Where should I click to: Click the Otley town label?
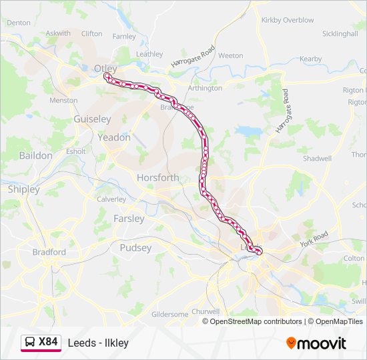(x=105, y=69)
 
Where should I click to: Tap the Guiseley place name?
(x=92, y=119)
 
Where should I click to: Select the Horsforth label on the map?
(x=157, y=178)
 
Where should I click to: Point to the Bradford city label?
(x=49, y=253)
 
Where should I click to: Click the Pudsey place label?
(x=135, y=248)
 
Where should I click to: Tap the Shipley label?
(x=24, y=189)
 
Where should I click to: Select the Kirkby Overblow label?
(x=288, y=21)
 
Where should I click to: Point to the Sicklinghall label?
(x=340, y=33)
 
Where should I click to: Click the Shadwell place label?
(x=317, y=159)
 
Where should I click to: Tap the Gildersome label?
(x=170, y=314)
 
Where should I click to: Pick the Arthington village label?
(x=205, y=88)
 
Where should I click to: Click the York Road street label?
(x=314, y=238)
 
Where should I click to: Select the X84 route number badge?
(x=48, y=343)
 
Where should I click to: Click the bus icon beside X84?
(x=30, y=343)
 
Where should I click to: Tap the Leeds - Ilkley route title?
(x=98, y=343)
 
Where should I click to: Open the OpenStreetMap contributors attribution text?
(x=256, y=321)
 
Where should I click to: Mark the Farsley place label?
(x=129, y=219)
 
